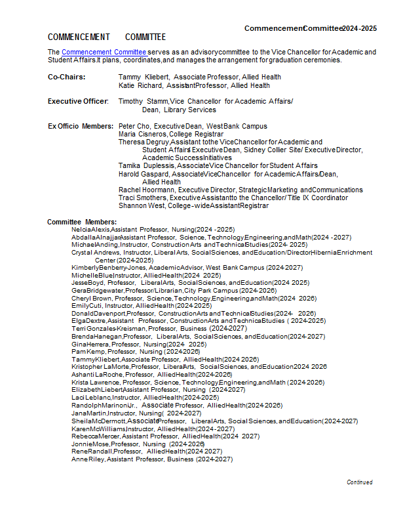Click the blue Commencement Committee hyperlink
pyautogui.click(x=104, y=52)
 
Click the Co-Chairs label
pyautogui.click(x=64, y=77)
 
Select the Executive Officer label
pyautogui.click(x=78, y=101)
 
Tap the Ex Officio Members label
pyautogui.click(x=81, y=125)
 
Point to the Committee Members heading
pyautogui.click(x=82, y=222)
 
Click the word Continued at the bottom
pyautogui.click(x=360, y=482)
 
